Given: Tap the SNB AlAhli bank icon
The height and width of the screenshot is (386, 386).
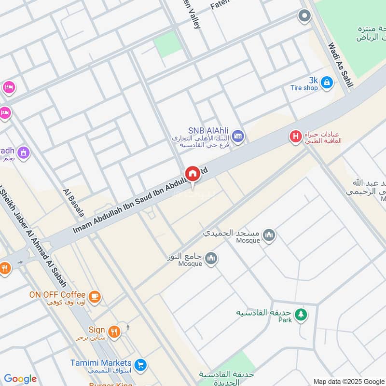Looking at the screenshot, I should [237, 136].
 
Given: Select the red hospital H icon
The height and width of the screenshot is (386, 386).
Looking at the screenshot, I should [295, 137].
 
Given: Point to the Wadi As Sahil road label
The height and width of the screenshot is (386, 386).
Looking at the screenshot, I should [340, 65].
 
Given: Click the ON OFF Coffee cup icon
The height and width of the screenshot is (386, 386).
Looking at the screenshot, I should [95, 296].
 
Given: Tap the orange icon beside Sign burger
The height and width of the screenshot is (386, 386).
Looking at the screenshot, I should [114, 331].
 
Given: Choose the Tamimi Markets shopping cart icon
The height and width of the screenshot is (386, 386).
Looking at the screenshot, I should [140, 364].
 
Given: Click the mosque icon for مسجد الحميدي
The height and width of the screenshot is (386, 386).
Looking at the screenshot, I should [269, 235].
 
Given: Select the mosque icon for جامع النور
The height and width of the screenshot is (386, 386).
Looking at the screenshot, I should [210, 259].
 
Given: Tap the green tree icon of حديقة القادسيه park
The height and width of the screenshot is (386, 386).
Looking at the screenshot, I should [301, 315].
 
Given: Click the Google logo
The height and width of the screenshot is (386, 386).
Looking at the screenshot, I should [20, 379].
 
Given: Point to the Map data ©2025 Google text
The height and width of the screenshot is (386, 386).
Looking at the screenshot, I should [349, 381].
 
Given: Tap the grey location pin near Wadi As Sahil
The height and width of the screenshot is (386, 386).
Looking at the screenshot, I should [304, 17].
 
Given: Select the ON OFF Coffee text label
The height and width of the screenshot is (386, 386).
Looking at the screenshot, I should [57, 295].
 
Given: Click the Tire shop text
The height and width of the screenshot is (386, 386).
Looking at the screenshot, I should [304, 88].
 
